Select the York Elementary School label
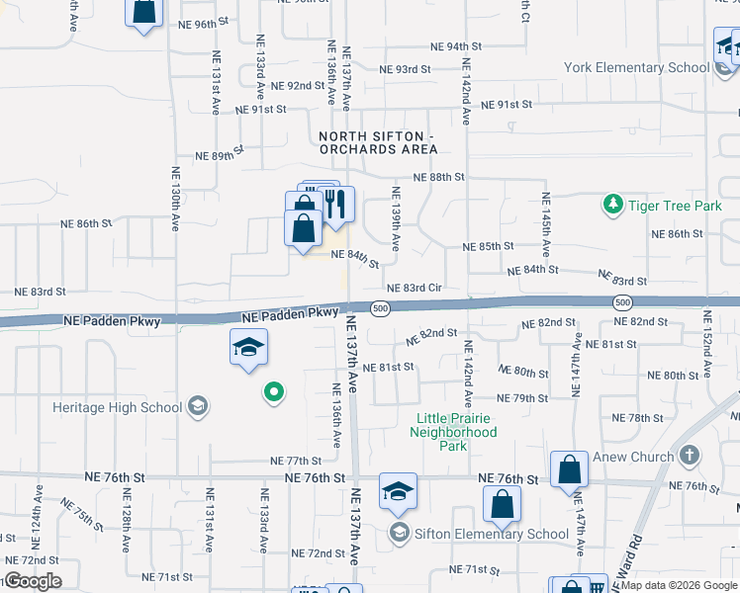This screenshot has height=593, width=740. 637,67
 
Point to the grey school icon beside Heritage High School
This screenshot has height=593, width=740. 198,405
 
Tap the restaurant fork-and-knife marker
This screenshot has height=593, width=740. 334,205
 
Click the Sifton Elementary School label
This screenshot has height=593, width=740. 491,534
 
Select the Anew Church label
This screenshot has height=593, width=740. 632,457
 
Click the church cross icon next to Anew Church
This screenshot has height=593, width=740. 691,456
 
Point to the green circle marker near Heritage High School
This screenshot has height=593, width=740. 274,394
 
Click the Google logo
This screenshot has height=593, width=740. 32,581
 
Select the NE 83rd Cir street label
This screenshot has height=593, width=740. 414,288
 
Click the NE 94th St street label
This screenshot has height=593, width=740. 456,46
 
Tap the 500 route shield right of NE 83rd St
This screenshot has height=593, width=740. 621,301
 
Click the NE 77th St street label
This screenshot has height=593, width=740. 297,461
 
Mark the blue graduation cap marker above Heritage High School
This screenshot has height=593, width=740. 249,348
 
